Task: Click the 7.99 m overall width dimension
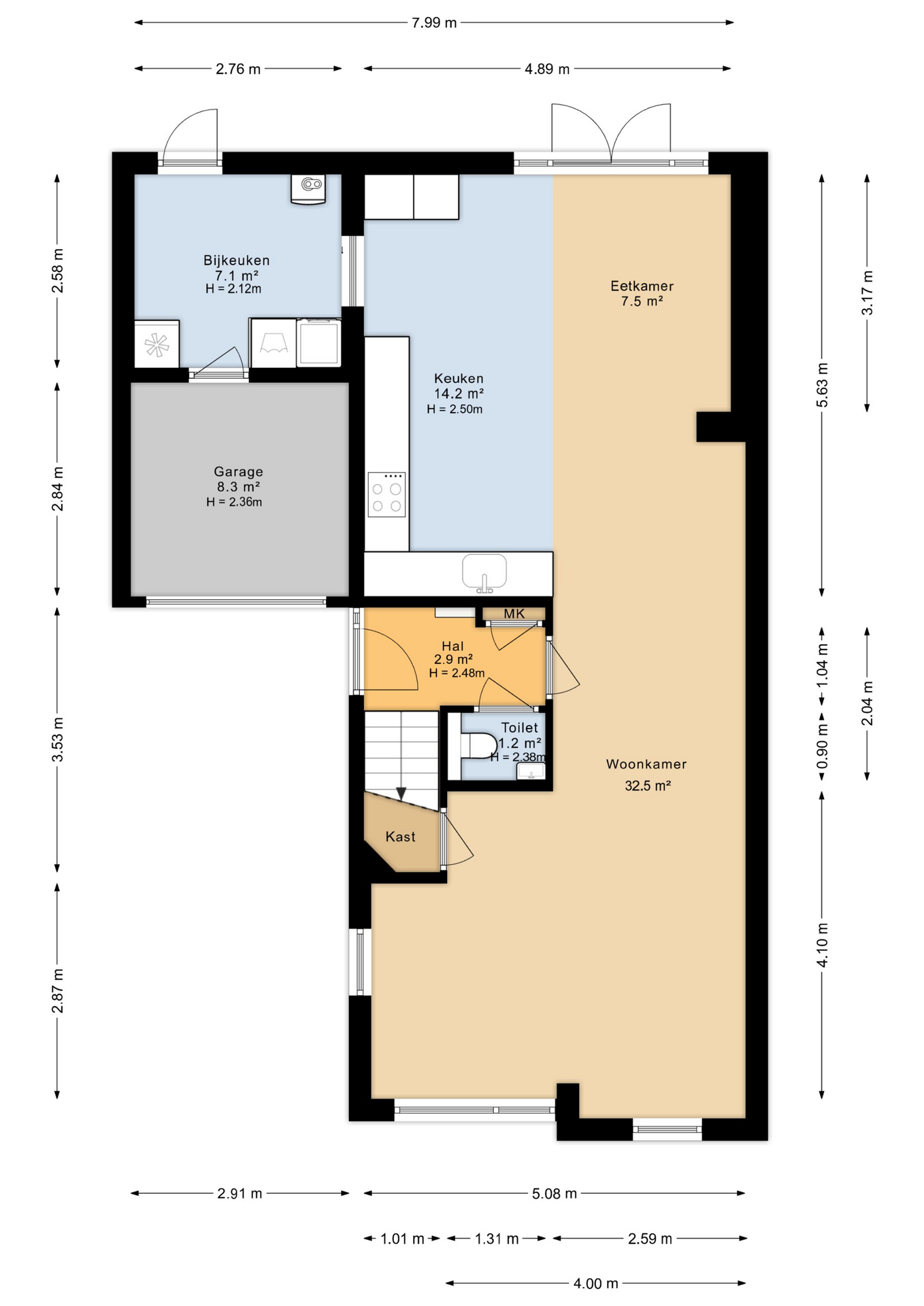[x=434, y=22]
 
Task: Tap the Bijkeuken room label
[x=236, y=261]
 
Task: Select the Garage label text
[x=238, y=471]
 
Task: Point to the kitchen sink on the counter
[x=484, y=572]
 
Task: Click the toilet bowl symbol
[x=480, y=746]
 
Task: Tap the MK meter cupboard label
[x=514, y=614]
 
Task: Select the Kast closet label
[x=400, y=837]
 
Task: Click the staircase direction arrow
[x=401, y=792]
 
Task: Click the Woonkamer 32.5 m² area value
[x=648, y=786]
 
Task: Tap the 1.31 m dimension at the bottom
[x=497, y=1239]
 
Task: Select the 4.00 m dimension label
[x=595, y=1284]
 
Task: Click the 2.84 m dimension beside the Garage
[x=58, y=488]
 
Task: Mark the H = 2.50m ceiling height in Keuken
[x=455, y=409]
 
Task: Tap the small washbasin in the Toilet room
[x=531, y=771]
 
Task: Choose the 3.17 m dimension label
[x=867, y=292]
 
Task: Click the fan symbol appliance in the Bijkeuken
[x=156, y=345]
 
